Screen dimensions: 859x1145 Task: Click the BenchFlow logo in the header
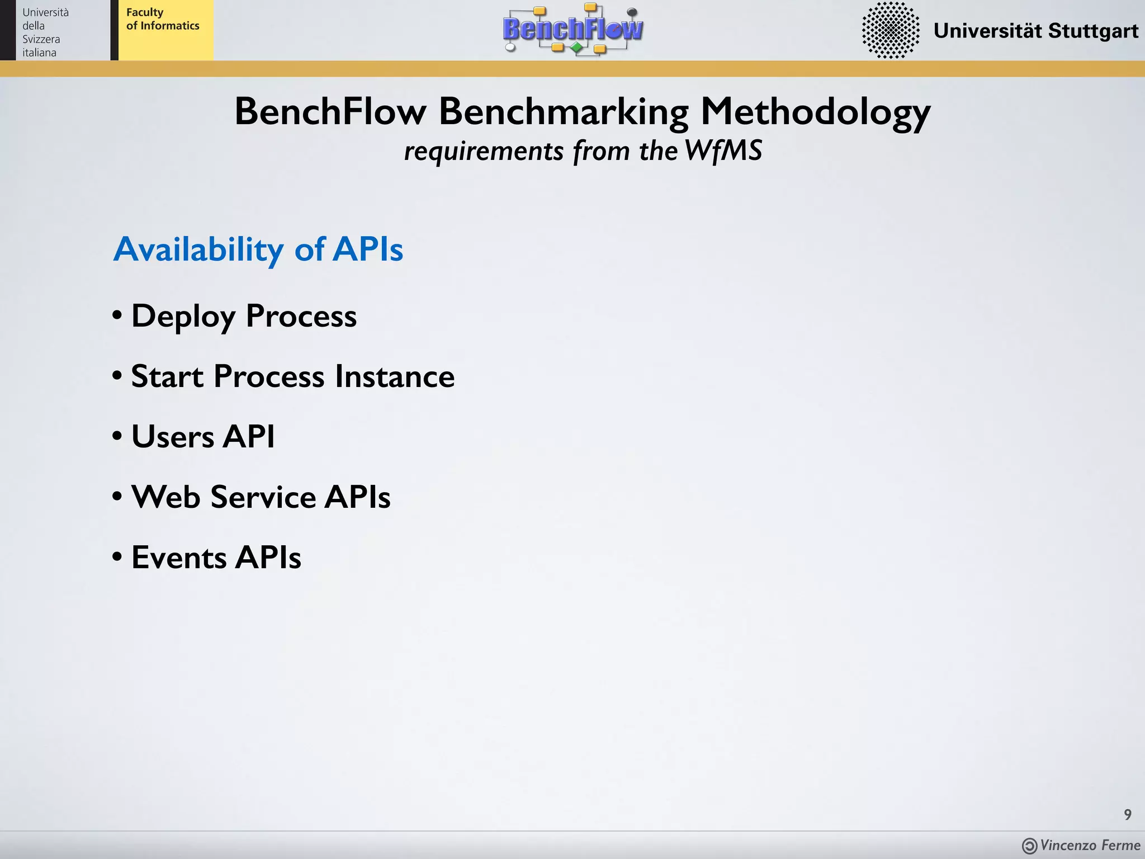[x=573, y=29]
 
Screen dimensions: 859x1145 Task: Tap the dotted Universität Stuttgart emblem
[x=891, y=30]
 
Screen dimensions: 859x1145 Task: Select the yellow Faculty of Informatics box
[x=165, y=30]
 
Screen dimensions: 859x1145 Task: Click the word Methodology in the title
[x=815, y=112]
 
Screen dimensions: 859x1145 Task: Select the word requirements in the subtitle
[x=484, y=152]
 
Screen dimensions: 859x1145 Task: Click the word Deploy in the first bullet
[x=183, y=317]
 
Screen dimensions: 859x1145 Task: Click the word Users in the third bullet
[x=172, y=436]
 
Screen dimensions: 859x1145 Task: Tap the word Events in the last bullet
[x=179, y=557]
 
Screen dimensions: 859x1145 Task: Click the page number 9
[x=1128, y=815]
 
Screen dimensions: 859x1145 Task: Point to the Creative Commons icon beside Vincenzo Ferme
[x=1029, y=846]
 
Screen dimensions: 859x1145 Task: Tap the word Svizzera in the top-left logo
[x=41, y=39]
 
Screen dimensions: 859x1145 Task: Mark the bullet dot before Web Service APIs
[x=117, y=496]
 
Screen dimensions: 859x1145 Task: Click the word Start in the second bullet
[x=167, y=376]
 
